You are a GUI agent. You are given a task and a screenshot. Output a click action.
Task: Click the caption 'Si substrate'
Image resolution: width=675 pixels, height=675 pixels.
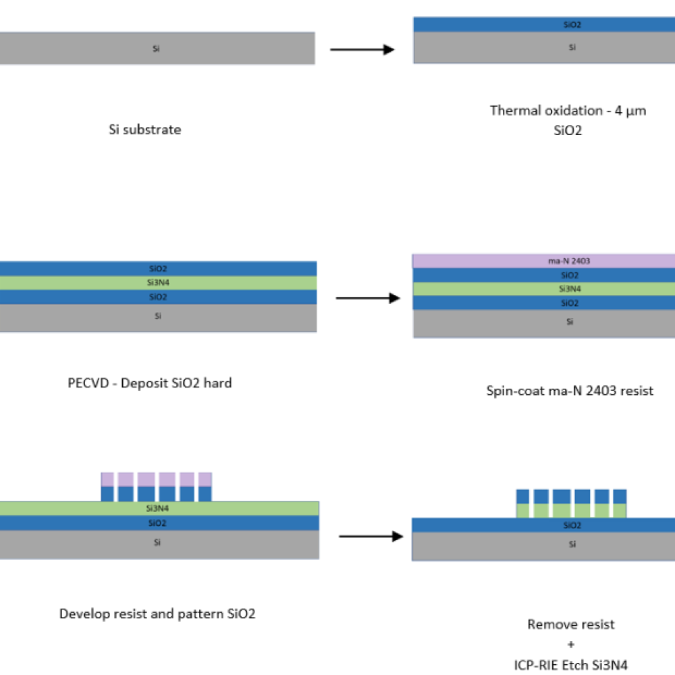pyautogui.click(x=145, y=130)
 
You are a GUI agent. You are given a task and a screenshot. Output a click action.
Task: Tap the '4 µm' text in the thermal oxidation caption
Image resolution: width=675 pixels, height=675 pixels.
pyautogui.click(x=629, y=111)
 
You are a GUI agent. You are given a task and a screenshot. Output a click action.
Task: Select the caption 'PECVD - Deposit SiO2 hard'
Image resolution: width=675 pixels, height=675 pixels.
pyautogui.click(x=150, y=383)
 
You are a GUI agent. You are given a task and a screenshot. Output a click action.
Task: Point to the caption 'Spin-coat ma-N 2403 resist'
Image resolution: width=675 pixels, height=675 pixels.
pyautogui.click(x=570, y=390)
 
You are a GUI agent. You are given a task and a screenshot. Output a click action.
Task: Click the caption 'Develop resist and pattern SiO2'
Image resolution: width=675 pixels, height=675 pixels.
pyautogui.click(x=157, y=614)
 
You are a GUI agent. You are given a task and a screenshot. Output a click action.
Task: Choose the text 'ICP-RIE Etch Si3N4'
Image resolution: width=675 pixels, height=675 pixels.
pyautogui.click(x=570, y=665)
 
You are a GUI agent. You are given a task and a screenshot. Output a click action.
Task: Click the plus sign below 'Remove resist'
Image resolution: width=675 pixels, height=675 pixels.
pyautogui.click(x=570, y=645)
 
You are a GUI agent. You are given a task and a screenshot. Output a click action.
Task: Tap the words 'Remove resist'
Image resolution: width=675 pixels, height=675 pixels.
pyautogui.click(x=570, y=624)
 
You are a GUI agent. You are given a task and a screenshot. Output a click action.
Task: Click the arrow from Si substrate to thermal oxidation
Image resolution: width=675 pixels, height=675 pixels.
pyautogui.click(x=362, y=49)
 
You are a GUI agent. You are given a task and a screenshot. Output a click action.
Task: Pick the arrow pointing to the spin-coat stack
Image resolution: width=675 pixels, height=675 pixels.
pyautogui.click(x=369, y=298)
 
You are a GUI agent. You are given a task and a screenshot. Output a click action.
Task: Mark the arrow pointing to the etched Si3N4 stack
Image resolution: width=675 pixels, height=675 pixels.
pyautogui.click(x=371, y=537)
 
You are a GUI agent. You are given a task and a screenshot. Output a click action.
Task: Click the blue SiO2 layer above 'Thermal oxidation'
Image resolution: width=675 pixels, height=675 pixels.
pyautogui.click(x=543, y=24)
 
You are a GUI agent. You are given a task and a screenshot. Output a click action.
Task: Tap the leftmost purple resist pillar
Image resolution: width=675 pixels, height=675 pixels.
pyautogui.click(x=108, y=479)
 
